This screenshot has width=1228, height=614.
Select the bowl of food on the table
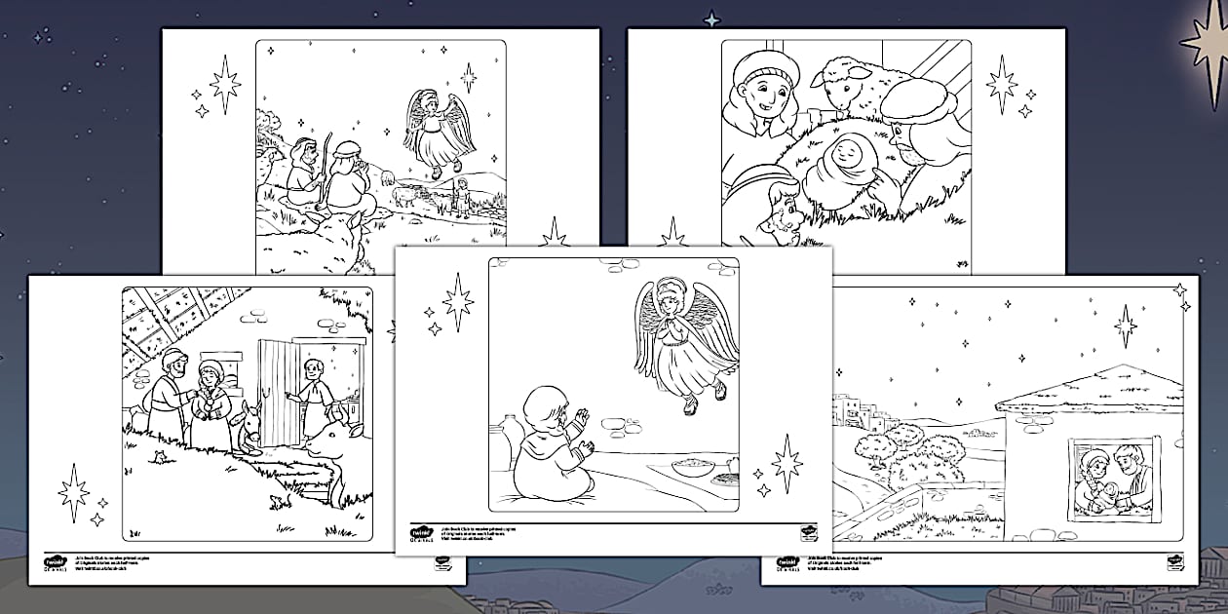click(x=694, y=467)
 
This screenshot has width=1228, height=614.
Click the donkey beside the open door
click(x=248, y=429)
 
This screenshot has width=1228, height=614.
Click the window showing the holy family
click(x=1110, y=474)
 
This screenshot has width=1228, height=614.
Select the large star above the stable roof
click(x=1127, y=326)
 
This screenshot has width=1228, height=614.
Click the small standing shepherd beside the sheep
click(x=461, y=195)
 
